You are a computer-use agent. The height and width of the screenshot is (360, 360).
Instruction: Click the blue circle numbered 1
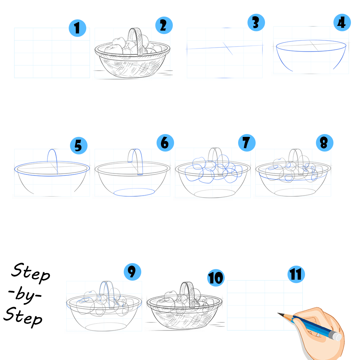77,28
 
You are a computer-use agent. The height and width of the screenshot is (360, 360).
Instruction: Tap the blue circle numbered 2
164,25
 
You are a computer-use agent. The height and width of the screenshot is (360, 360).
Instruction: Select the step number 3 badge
256,22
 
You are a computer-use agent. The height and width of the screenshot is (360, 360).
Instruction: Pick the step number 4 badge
342,22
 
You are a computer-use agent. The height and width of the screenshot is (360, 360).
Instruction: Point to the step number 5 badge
78,146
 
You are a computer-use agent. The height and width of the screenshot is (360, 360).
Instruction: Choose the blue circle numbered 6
165,143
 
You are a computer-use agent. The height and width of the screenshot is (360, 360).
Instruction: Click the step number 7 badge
247,143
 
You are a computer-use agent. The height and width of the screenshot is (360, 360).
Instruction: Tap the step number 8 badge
325,143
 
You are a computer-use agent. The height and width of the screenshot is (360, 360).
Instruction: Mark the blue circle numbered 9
132,272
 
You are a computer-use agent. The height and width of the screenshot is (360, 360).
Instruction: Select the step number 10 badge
216,278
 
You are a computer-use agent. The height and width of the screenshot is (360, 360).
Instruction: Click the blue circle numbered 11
296,274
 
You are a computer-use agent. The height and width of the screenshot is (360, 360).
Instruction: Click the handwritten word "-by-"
25,295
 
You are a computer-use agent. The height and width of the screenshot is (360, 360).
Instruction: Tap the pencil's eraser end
337,337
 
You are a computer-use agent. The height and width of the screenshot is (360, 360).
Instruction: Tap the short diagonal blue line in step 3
228,48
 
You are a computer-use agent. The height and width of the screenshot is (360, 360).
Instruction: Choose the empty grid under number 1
52,53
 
